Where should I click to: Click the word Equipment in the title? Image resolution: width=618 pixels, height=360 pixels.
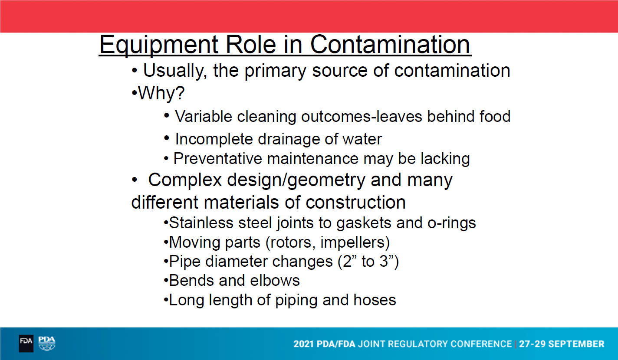[x=159, y=45]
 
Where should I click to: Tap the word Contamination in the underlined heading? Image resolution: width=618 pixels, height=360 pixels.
[x=390, y=45]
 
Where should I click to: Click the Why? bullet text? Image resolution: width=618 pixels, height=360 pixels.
[x=161, y=93]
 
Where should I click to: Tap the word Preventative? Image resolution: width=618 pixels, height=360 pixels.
[x=217, y=158]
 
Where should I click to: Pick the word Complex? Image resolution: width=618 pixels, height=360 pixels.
[x=185, y=180]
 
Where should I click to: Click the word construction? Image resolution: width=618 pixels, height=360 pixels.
[x=355, y=202]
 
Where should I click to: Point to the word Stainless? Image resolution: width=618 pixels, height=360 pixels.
[x=201, y=223]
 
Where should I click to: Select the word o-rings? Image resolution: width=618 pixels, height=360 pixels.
[x=452, y=223]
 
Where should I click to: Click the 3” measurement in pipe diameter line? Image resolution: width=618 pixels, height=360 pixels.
[x=389, y=261]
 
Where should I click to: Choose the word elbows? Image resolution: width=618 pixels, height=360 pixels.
[x=275, y=281]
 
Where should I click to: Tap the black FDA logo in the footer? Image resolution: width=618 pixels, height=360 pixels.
[x=26, y=344]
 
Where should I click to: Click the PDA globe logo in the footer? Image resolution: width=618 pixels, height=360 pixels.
[x=46, y=344]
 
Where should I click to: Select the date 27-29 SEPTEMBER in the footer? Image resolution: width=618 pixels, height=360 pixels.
[x=562, y=344]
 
